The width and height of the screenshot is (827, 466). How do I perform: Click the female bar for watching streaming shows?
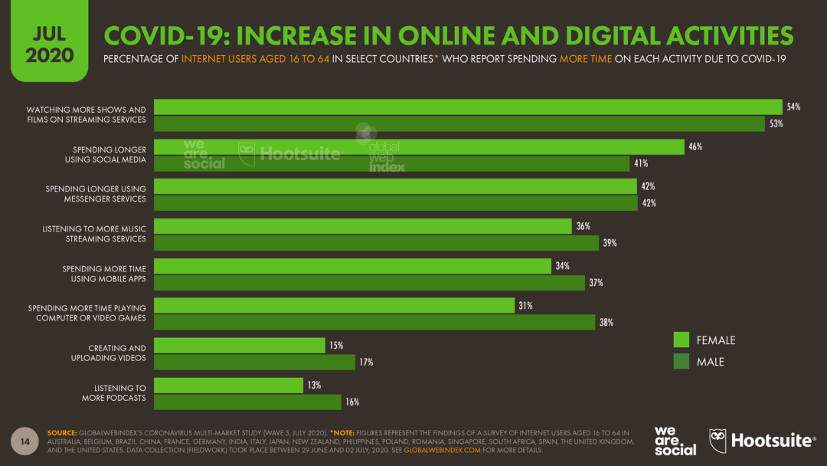click(468, 107)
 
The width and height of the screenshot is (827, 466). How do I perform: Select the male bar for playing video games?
click(374, 323)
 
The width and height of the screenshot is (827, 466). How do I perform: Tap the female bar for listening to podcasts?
click(229, 385)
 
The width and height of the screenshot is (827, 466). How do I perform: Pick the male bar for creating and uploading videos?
click(255, 363)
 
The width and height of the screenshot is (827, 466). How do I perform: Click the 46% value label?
click(695, 146)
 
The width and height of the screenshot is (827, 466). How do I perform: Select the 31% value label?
click(525, 305)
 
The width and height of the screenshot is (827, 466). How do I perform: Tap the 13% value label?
click(314, 385)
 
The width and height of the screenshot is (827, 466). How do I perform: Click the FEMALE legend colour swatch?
click(682, 340)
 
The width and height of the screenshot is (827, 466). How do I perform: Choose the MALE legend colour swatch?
click(682, 362)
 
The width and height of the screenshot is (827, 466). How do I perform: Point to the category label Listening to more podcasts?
click(114, 393)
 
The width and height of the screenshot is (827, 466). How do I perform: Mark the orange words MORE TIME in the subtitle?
click(585, 59)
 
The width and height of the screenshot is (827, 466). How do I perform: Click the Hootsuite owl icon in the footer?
click(718, 440)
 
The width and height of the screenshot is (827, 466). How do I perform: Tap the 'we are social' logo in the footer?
click(675, 440)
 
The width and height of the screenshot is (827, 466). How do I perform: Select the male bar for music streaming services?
click(376, 243)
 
